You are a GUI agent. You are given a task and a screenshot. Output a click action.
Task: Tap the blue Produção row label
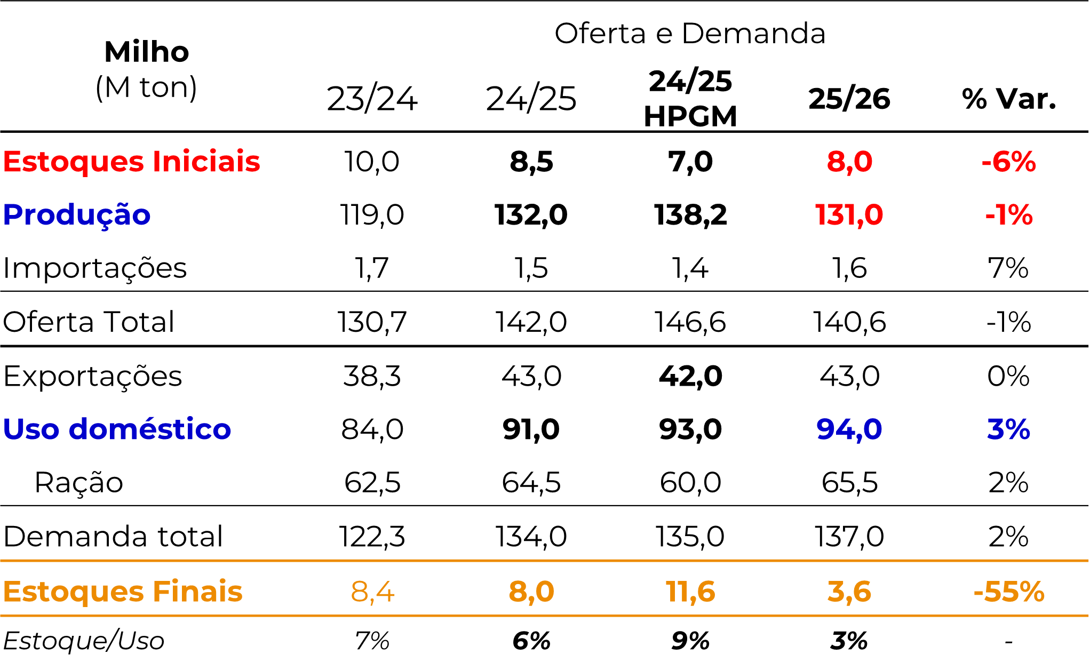[76, 215]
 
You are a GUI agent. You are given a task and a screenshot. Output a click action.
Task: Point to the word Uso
[31, 429]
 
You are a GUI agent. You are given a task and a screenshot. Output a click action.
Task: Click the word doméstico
[149, 429]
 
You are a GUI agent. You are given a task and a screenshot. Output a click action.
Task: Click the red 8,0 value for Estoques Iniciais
[849, 161]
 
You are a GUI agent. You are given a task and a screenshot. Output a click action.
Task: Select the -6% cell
[1008, 161]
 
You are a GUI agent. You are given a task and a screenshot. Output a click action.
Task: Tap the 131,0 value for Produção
[849, 215]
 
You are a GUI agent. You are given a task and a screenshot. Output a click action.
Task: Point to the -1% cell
[1008, 215]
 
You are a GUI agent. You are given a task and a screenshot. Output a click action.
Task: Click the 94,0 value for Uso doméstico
[849, 429]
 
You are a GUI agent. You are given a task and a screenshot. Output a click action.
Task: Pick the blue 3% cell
[1008, 429]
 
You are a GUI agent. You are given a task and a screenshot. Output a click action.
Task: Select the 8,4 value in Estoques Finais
[372, 591]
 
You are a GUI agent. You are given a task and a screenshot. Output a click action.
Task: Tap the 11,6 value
[690, 591]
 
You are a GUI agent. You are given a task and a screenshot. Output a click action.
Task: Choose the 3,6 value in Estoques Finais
[849, 591]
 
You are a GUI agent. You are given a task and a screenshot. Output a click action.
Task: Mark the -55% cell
[1008, 591]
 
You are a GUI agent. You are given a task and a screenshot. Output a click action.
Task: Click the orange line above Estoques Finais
[544, 561]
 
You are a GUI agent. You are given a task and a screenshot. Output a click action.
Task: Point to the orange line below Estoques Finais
[544, 616]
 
